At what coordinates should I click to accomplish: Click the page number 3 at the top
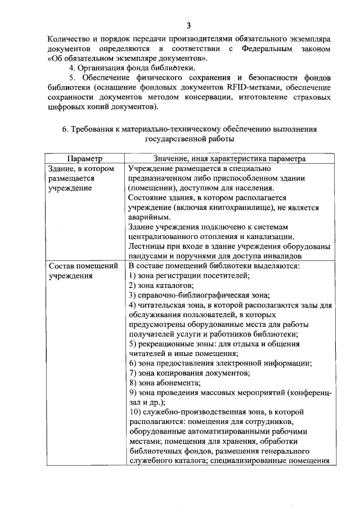coord(189,25)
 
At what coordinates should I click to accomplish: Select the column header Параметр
coord(85,159)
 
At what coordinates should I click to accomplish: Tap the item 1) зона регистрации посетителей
coord(189,275)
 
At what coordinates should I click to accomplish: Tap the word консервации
coord(217,97)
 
